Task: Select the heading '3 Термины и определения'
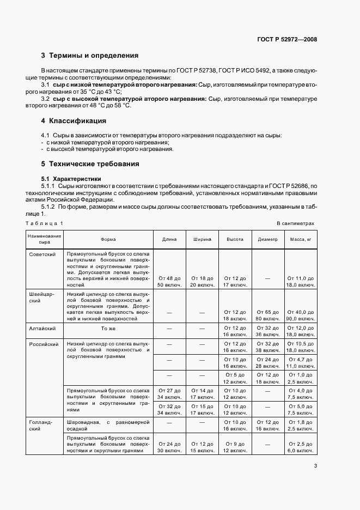pos(90,56)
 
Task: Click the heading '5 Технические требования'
pos(90,163)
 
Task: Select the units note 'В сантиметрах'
pos(295,223)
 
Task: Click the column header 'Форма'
pos(108,239)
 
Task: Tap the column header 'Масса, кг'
pos(300,239)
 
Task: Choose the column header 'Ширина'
pos(202,239)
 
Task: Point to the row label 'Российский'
pos(43,344)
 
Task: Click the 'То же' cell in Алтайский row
pos(108,329)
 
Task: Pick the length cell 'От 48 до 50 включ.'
pos(169,281)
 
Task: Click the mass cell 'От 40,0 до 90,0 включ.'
pos(300,315)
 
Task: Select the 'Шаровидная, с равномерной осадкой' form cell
pos(108,426)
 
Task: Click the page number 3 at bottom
pos(315,465)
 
